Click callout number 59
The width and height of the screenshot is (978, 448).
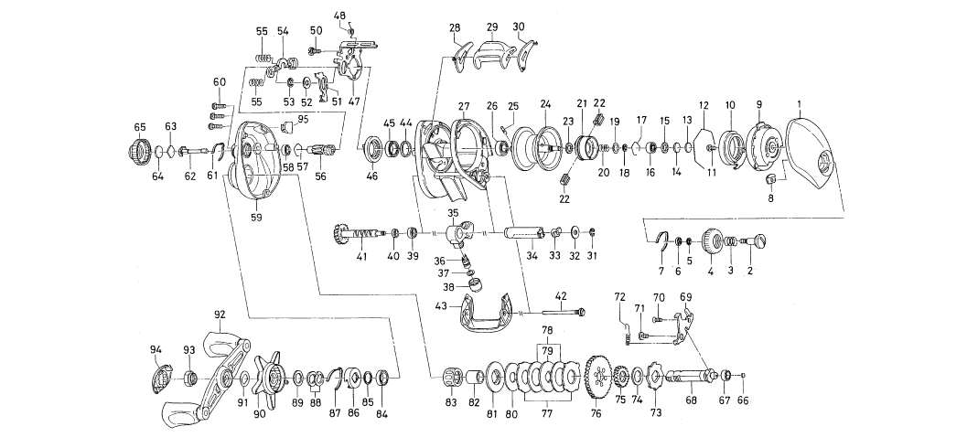click(256, 218)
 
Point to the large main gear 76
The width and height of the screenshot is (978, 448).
click(597, 376)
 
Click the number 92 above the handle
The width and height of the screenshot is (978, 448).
click(220, 314)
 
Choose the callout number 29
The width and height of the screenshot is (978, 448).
click(491, 27)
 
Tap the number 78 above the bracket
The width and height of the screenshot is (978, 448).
click(547, 330)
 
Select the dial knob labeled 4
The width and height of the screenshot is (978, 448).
click(710, 241)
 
